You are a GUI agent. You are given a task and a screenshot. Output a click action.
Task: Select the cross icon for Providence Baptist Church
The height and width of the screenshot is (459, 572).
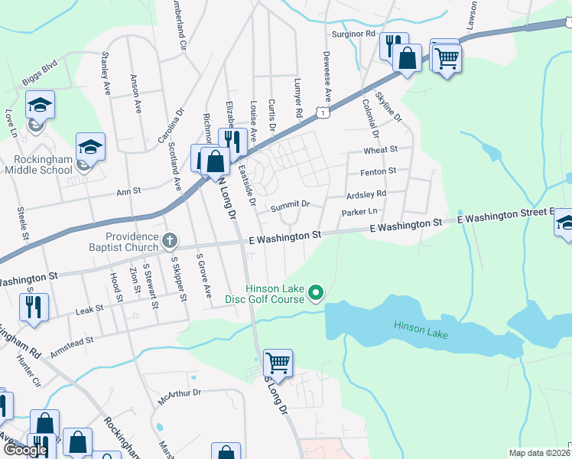170,242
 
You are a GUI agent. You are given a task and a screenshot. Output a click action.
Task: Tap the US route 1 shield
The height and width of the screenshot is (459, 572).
325,113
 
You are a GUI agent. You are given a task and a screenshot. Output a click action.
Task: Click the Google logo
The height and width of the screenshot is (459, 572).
25,451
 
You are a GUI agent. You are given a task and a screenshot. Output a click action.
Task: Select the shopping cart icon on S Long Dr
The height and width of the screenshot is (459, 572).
278,362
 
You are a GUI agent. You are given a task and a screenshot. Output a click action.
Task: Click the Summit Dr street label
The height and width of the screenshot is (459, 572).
290,204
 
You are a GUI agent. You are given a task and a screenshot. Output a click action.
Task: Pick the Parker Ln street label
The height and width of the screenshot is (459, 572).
360,211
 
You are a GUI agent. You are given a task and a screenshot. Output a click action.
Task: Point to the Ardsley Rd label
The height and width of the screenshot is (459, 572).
366,194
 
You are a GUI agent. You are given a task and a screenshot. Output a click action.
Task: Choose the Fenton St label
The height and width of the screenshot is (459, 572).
380,171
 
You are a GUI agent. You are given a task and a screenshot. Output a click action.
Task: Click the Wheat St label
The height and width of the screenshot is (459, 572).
381,150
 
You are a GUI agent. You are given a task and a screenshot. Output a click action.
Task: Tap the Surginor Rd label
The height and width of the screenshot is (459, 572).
353,34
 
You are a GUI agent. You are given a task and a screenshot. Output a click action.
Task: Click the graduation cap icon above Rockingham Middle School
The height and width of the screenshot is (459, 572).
90,145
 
